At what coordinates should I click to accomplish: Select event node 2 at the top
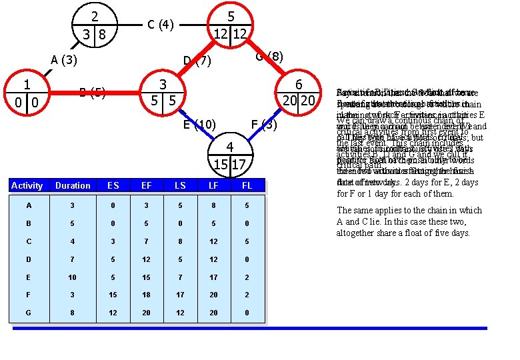tap(95, 25)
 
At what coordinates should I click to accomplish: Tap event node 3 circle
tap(162, 93)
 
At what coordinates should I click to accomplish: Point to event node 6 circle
tap(299, 93)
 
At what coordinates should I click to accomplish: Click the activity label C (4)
tap(160, 25)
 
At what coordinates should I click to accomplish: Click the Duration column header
tap(73, 186)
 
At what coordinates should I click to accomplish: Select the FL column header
tap(247, 186)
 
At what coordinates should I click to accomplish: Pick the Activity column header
tap(27, 186)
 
